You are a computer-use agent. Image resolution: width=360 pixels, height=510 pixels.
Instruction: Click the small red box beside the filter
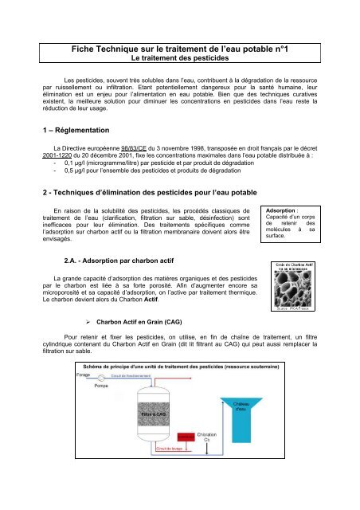(x=186, y=481)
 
